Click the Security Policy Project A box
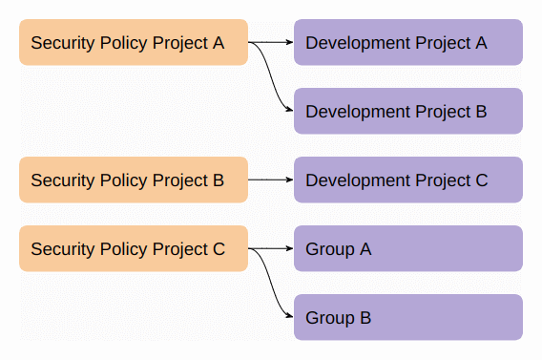click(x=133, y=43)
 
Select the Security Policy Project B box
click(x=133, y=180)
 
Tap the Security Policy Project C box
click(x=133, y=249)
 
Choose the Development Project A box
click(x=407, y=43)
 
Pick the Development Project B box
click(x=407, y=112)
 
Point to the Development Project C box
click(x=407, y=180)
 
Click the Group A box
click(x=407, y=249)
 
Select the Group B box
click(x=407, y=318)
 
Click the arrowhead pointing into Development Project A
click(x=289, y=43)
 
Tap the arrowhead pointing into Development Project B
click(x=289, y=112)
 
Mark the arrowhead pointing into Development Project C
click(x=289, y=180)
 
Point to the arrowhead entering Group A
click(x=289, y=249)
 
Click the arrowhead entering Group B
click(x=289, y=318)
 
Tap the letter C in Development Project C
click(x=481, y=180)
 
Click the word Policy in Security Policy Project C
click(x=121, y=250)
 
